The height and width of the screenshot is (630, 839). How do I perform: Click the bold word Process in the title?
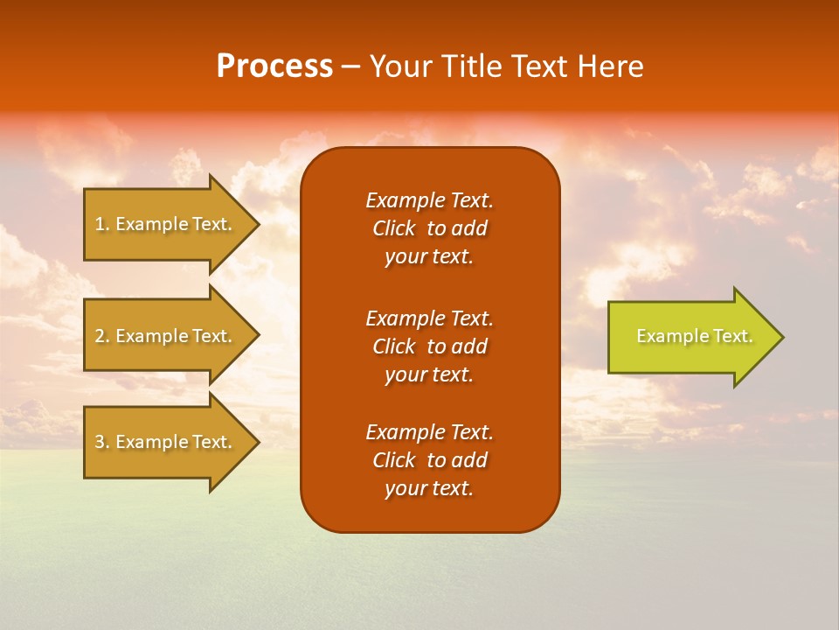(x=274, y=66)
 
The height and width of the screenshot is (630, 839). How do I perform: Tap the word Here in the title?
(x=609, y=66)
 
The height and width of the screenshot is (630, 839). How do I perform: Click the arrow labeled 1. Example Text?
(x=166, y=224)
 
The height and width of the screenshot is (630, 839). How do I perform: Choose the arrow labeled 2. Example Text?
(x=166, y=336)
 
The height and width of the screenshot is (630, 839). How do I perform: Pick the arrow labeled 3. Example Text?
(x=166, y=442)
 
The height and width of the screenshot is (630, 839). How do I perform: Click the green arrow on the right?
(x=690, y=337)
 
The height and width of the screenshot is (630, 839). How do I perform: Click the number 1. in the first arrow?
(x=101, y=224)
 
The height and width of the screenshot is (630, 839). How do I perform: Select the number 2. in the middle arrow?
(x=101, y=336)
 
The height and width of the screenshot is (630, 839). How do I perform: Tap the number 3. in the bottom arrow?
(x=101, y=442)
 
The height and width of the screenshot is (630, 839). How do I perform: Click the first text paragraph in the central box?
(x=429, y=228)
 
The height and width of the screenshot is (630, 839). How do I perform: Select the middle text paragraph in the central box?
(x=429, y=346)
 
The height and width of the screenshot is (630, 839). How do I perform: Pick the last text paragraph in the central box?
(x=429, y=460)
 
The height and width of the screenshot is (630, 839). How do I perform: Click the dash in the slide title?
(x=350, y=66)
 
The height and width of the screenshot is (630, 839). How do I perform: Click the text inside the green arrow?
(x=694, y=336)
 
